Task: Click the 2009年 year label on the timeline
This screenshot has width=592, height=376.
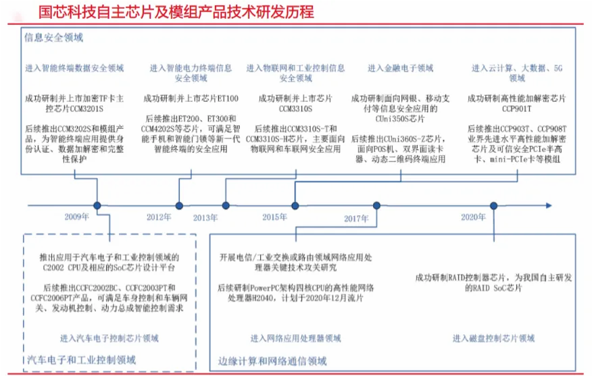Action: coord(76,217)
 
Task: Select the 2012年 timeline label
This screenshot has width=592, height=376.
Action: coord(158,217)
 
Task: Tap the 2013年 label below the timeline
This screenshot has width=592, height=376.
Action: coord(205,217)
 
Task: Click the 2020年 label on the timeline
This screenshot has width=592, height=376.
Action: coord(473,217)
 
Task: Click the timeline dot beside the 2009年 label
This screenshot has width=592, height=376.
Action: coord(97,205)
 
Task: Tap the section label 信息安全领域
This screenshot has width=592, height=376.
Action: coord(53,38)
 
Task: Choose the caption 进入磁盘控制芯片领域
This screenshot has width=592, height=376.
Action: coord(493,338)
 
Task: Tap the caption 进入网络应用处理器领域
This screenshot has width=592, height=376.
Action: coord(296,338)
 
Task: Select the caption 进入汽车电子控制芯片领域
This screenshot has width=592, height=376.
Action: coord(109,338)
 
